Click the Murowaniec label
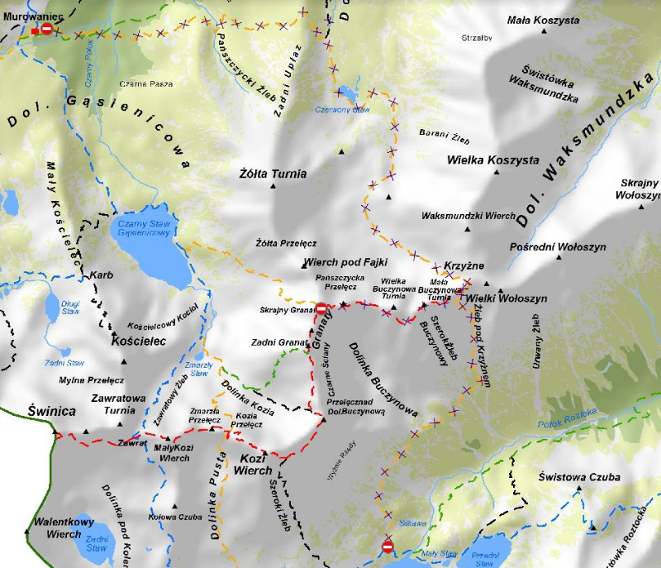(x=27, y=17)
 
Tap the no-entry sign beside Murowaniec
(x=47, y=29)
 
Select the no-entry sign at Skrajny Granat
(x=321, y=308)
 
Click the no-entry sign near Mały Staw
(x=388, y=547)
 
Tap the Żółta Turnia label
(x=272, y=174)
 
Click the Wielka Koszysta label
(x=492, y=160)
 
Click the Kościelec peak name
(x=140, y=341)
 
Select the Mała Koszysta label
(x=543, y=20)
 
